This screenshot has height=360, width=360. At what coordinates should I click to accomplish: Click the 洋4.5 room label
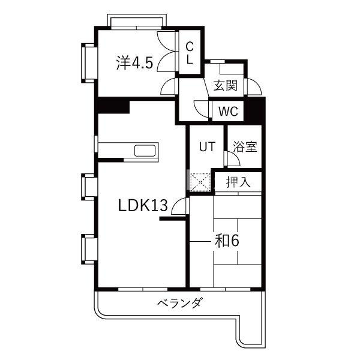coord(134,62)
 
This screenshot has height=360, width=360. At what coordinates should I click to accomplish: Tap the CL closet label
coord(190,53)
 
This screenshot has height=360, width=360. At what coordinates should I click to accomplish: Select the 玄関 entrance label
coord(225,86)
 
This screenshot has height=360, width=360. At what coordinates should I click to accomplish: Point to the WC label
coord(228,112)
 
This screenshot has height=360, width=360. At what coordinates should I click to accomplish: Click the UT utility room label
coord(208,147)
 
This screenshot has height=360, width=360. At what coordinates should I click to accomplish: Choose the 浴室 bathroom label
coord(245,147)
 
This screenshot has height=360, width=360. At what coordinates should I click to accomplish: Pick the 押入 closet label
coord(238,182)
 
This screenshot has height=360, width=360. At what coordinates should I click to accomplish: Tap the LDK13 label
coord(142,205)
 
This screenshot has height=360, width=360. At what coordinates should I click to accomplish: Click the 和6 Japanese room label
coord(227,241)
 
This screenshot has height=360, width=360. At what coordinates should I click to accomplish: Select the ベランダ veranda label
coord(180,303)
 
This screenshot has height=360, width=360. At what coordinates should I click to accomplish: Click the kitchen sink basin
coord(145,151)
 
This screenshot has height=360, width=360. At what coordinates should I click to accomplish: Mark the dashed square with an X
coord(200,182)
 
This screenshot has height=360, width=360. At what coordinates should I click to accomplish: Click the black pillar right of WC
coord(254,110)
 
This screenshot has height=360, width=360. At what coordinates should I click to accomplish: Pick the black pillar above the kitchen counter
coord(113,106)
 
